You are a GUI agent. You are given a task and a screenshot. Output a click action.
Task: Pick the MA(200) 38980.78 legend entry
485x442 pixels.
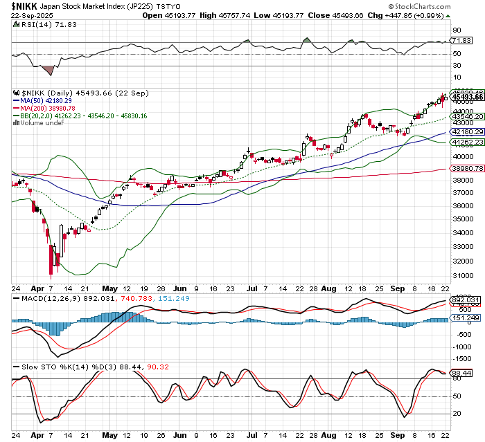(x=48, y=108)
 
